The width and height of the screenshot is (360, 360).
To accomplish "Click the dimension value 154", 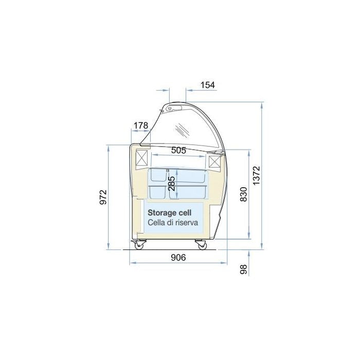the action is (x=208, y=85).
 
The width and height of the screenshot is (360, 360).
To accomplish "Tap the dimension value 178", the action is (x=141, y=125).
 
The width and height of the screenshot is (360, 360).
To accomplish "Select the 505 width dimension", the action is (x=178, y=150).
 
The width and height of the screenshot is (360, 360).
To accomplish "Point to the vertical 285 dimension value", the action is (x=171, y=184).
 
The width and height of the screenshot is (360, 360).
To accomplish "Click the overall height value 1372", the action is (x=256, y=176).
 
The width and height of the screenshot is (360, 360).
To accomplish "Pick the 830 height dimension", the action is (x=244, y=194).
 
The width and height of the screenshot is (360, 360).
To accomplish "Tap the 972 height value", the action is (x=103, y=197).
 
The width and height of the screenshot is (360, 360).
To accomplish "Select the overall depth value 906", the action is (x=178, y=258).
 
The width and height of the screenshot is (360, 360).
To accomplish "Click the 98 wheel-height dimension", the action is (x=244, y=269).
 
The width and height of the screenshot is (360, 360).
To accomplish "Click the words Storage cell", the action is (x=169, y=213).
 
